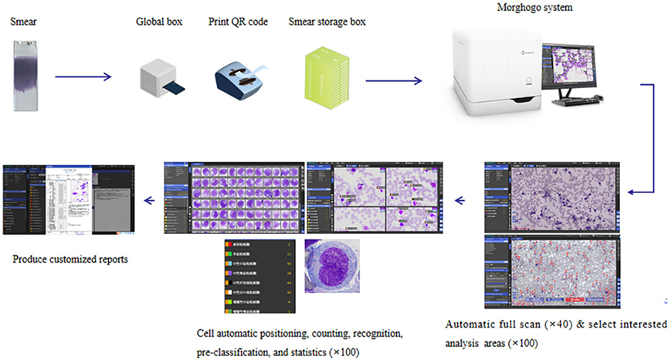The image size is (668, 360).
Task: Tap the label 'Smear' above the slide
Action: click(x=22, y=22)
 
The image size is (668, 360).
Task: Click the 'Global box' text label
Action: click(x=159, y=22)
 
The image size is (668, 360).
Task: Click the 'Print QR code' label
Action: click(x=238, y=22)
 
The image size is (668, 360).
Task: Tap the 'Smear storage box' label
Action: click(x=327, y=22)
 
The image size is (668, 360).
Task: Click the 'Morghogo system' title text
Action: click(x=534, y=7)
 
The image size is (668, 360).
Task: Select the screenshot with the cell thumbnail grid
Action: click(x=232, y=199)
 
